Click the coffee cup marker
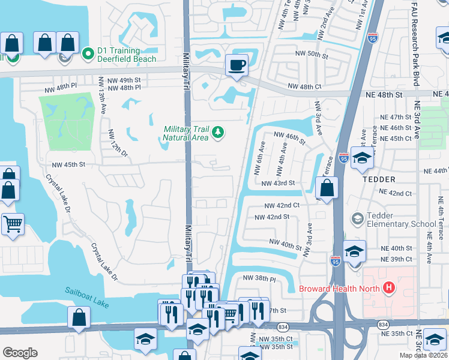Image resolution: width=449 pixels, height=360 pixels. [x=237, y=64]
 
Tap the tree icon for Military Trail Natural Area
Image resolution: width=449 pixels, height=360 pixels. [x=218, y=132]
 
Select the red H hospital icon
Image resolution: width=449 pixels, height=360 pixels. [x=388, y=288]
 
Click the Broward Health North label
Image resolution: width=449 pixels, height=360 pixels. [x=339, y=289]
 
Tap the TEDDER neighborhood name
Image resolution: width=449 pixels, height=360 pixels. [x=378, y=179]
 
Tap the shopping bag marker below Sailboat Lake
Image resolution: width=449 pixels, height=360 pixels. [x=79, y=317]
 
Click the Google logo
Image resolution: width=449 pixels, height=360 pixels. [x=20, y=353]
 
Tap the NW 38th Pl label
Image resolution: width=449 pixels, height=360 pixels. [x=259, y=279]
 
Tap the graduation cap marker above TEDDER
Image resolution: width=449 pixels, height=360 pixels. [x=362, y=157]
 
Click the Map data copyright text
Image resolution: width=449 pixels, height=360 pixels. [x=423, y=355]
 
